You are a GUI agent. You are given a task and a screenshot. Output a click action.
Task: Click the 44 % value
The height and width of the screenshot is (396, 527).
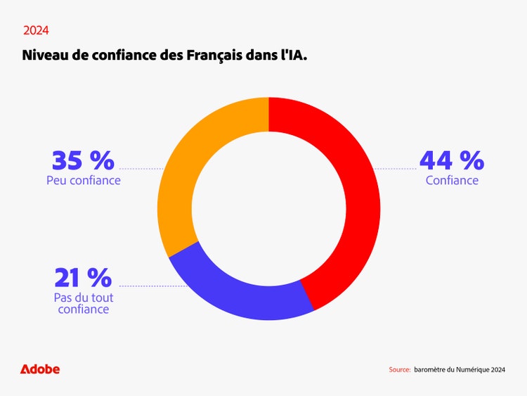451,160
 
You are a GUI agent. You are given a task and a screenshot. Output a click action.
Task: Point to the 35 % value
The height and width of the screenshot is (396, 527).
83,160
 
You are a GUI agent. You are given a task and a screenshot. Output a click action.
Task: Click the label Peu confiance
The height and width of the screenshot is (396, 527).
84,181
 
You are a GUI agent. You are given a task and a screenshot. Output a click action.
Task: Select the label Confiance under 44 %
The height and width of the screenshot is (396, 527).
452,181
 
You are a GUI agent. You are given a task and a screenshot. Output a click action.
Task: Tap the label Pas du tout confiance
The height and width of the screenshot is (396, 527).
84,303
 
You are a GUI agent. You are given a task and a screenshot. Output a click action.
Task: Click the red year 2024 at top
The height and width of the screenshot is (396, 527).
36,31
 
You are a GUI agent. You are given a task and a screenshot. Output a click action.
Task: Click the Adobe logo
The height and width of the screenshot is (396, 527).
40,369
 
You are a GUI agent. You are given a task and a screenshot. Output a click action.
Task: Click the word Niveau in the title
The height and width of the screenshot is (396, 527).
46,55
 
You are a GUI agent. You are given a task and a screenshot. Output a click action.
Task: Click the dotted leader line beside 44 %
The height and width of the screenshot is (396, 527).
395,169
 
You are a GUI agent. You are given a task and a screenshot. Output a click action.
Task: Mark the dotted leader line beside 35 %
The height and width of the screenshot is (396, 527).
141,169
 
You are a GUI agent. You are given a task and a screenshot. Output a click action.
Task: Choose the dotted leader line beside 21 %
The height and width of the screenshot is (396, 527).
151,286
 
